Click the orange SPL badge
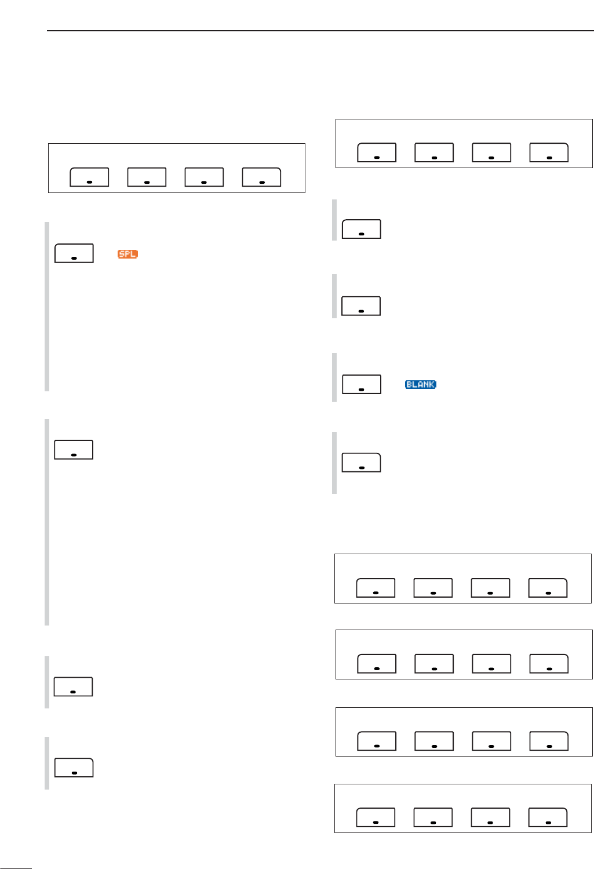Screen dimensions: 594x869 tap(127, 254)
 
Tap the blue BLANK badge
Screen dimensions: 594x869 tap(420, 384)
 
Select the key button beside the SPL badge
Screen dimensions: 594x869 tap(74, 253)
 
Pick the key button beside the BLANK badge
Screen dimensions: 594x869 tap(362, 384)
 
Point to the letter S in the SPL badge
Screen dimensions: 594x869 tap(122, 254)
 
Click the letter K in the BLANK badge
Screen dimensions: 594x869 tap(432, 384)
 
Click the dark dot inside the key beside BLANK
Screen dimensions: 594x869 tap(362, 390)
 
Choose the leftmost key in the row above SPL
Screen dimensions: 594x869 tap(89, 177)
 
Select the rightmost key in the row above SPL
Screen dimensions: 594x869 tap(261, 177)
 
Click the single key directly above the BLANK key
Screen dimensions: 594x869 tap(361, 306)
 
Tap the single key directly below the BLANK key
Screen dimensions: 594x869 tap(362, 463)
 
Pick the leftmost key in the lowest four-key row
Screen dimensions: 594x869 tap(376, 817)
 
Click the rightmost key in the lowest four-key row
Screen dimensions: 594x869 tap(548, 817)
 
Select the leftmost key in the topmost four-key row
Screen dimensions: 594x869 tap(377, 152)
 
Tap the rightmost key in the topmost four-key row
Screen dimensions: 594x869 tap(549, 152)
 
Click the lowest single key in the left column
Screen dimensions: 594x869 tap(74, 767)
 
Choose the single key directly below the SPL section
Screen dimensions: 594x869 tap(74, 450)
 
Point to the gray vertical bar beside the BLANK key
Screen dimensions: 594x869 tap(334, 377)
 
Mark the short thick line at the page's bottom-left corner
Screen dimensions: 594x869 tap(16, 868)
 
